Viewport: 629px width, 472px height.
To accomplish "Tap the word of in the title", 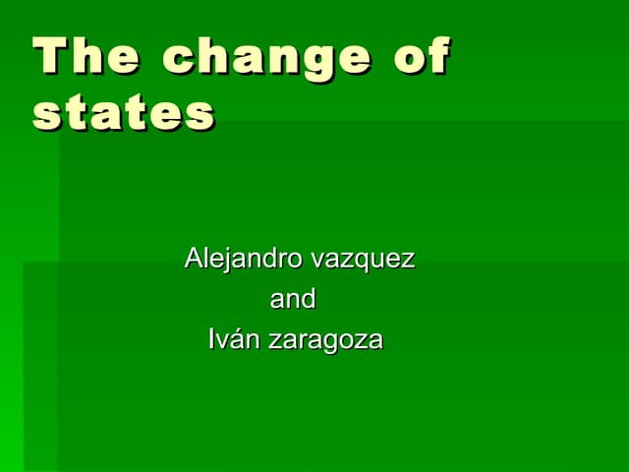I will [x=422, y=57].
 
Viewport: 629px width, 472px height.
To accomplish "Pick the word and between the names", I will [x=293, y=299].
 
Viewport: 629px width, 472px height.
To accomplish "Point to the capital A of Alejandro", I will [x=194, y=260].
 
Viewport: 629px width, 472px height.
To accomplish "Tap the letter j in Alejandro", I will [x=225, y=263].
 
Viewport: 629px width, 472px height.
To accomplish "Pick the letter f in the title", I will [x=438, y=56].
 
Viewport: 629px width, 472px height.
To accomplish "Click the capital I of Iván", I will [x=212, y=340].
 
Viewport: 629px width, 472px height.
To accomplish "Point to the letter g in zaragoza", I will [x=335, y=344].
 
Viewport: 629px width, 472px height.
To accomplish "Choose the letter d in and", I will [x=308, y=298].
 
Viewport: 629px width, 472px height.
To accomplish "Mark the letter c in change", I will [x=178, y=60].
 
